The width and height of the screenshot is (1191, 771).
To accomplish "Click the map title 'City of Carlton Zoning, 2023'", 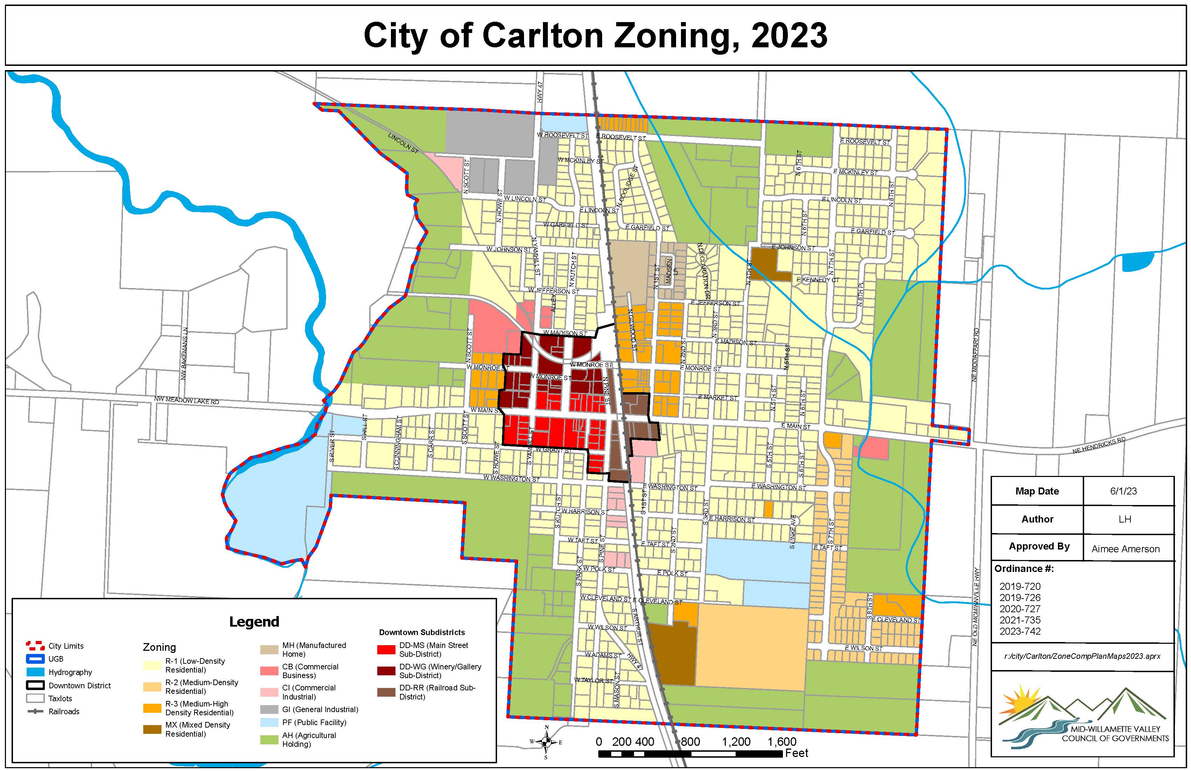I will [x=595, y=35].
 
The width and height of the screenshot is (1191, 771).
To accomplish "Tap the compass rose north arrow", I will [x=546, y=742].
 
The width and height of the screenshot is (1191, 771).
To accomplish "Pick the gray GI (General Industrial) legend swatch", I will [x=269, y=709].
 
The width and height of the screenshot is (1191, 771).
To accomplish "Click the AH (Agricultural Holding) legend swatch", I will [x=269, y=739].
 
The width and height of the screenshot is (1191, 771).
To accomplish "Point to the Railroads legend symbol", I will [x=35, y=711].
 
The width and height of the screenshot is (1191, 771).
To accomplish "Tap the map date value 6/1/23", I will [x=1123, y=491].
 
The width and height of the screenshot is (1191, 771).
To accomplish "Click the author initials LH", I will [x=1124, y=519].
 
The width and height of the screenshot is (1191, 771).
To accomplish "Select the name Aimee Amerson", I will [x=1125, y=549].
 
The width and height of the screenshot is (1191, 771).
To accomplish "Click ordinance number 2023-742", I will [x=1020, y=631].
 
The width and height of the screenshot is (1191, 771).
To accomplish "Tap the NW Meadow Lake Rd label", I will [x=186, y=401].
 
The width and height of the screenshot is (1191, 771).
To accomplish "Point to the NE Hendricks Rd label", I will [x=1099, y=445].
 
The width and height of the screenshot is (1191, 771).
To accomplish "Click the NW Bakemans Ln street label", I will [x=184, y=354].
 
